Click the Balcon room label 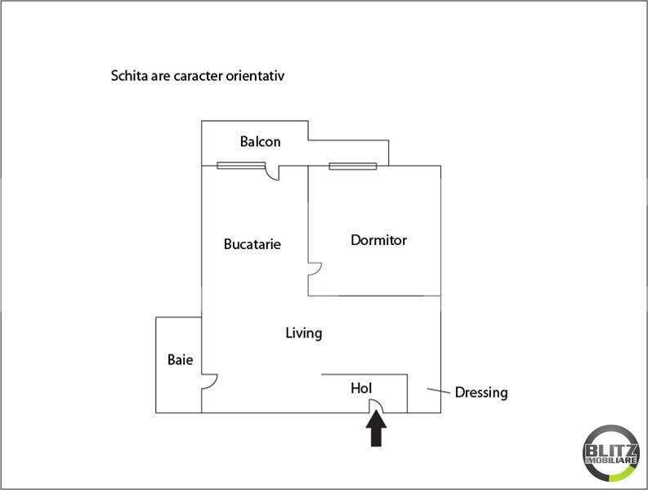261,142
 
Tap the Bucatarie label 252,243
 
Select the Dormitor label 378,240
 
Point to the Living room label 304,333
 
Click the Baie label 181,359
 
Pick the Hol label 361,388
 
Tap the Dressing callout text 481,393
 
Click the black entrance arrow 376,429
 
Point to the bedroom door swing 319,271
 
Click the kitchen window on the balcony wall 241,166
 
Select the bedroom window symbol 353,167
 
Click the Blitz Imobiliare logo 610,453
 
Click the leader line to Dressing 439,390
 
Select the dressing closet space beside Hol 424,394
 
